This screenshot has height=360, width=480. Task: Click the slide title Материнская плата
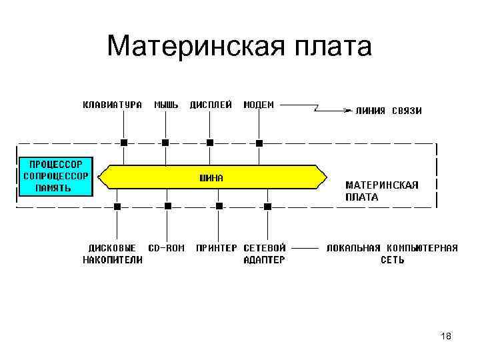click(239, 47)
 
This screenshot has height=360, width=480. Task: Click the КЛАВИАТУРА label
click(112, 105)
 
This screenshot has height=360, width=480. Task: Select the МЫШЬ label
click(166, 105)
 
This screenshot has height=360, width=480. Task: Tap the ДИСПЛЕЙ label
click(211, 105)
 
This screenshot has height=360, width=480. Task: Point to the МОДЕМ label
click(259, 105)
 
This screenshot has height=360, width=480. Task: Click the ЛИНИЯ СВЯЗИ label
click(389, 111)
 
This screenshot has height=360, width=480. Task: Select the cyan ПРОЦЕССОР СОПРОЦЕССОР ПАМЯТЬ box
click(56, 176)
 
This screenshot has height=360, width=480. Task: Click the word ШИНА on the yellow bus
click(212, 178)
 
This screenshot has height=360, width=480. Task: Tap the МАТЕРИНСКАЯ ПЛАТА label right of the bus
click(381, 191)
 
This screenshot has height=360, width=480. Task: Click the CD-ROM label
click(166, 248)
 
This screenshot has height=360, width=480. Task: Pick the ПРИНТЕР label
click(216, 248)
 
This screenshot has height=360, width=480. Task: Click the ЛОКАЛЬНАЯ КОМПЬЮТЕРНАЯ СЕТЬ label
click(392, 254)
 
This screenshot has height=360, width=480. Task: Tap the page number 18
click(446, 337)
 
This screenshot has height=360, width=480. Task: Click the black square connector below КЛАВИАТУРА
click(123, 142)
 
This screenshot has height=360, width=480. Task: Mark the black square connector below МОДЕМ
click(259, 142)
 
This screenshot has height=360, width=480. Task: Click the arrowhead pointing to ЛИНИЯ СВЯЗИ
click(348, 110)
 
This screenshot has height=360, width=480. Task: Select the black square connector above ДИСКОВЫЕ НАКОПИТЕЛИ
click(117, 207)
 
